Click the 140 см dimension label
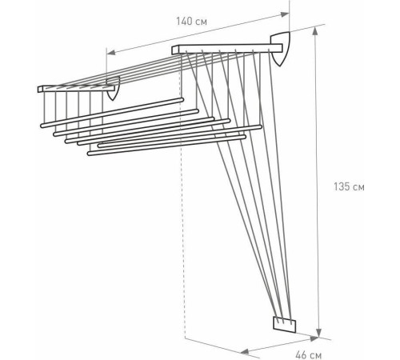[194, 22]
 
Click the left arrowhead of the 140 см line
[110, 54]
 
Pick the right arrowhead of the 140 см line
[286, 14]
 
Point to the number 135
[342, 189]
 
